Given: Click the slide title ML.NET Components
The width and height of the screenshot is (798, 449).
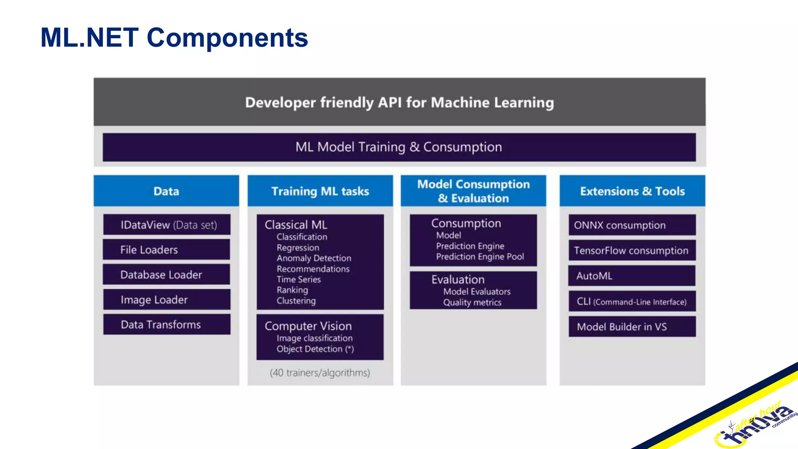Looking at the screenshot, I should tap(174, 38).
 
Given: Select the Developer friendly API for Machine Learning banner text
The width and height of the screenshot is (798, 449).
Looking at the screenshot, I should tap(399, 103).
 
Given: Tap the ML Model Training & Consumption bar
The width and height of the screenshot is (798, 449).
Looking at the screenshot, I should tap(399, 147).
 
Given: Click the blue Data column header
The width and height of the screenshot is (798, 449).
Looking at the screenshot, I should tap(166, 191).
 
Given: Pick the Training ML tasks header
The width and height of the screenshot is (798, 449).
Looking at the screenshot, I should tap(320, 191).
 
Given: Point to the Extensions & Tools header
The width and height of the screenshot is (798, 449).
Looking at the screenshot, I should tap(632, 191).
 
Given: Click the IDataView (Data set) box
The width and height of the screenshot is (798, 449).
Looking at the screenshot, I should tap(167, 225).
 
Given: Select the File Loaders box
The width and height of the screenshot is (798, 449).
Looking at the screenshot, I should tap(166, 250).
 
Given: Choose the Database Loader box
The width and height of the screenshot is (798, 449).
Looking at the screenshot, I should tap(166, 275).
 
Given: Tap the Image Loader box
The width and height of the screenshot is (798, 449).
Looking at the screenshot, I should tap(166, 300).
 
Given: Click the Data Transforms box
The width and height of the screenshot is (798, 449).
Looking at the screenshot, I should tap(166, 325).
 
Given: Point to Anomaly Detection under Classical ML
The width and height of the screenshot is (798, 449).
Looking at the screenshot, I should tap(314, 258).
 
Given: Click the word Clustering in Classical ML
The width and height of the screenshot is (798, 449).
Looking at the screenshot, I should tap(296, 301).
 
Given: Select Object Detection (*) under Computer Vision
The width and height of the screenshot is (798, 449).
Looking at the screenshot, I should tap(315, 349).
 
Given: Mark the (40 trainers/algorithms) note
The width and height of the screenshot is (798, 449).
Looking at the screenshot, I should tap(320, 373).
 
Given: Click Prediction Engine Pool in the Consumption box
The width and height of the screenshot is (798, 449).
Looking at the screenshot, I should tap(480, 257).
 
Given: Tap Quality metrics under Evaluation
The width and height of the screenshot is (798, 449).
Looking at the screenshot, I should tap(472, 302).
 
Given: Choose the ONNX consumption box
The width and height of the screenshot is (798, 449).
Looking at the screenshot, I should tap(632, 225).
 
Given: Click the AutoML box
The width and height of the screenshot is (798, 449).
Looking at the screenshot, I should tap(632, 276).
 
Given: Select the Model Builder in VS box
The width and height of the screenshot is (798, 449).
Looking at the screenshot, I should tap(632, 327).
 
